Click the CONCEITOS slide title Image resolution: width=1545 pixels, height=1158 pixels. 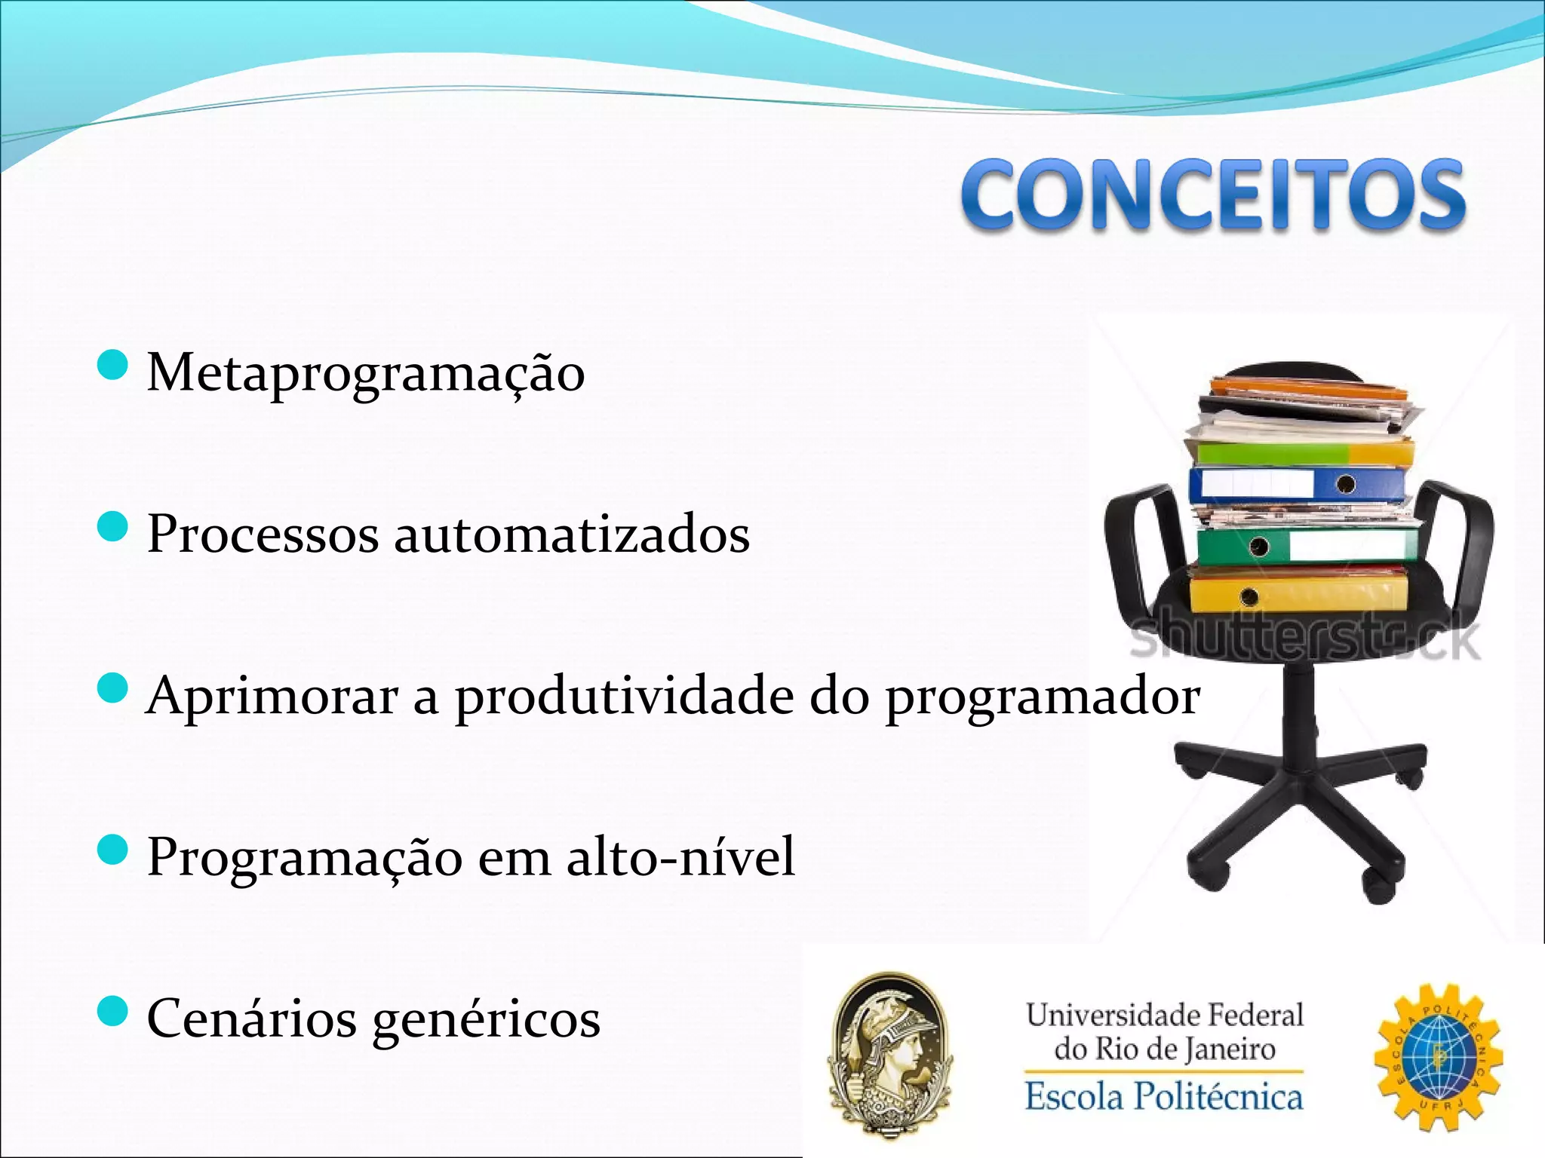(x=1213, y=195)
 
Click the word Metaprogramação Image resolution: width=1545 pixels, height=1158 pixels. (x=365, y=372)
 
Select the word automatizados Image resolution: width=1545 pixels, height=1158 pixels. (x=572, y=534)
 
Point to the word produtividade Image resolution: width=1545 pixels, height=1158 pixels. (x=624, y=695)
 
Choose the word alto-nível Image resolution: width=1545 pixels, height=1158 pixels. (x=680, y=856)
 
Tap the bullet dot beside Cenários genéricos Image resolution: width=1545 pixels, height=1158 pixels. (x=113, y=1011)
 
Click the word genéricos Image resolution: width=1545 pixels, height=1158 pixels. (x=487, y=1019)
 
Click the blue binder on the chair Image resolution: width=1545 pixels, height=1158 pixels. (x=1296, y=484)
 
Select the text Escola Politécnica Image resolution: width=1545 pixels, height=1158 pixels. (x=1163, y=1096)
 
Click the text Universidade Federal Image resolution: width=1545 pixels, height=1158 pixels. (x=1164, y=1015)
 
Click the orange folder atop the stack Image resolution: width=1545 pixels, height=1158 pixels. (x=1309, y=390)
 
